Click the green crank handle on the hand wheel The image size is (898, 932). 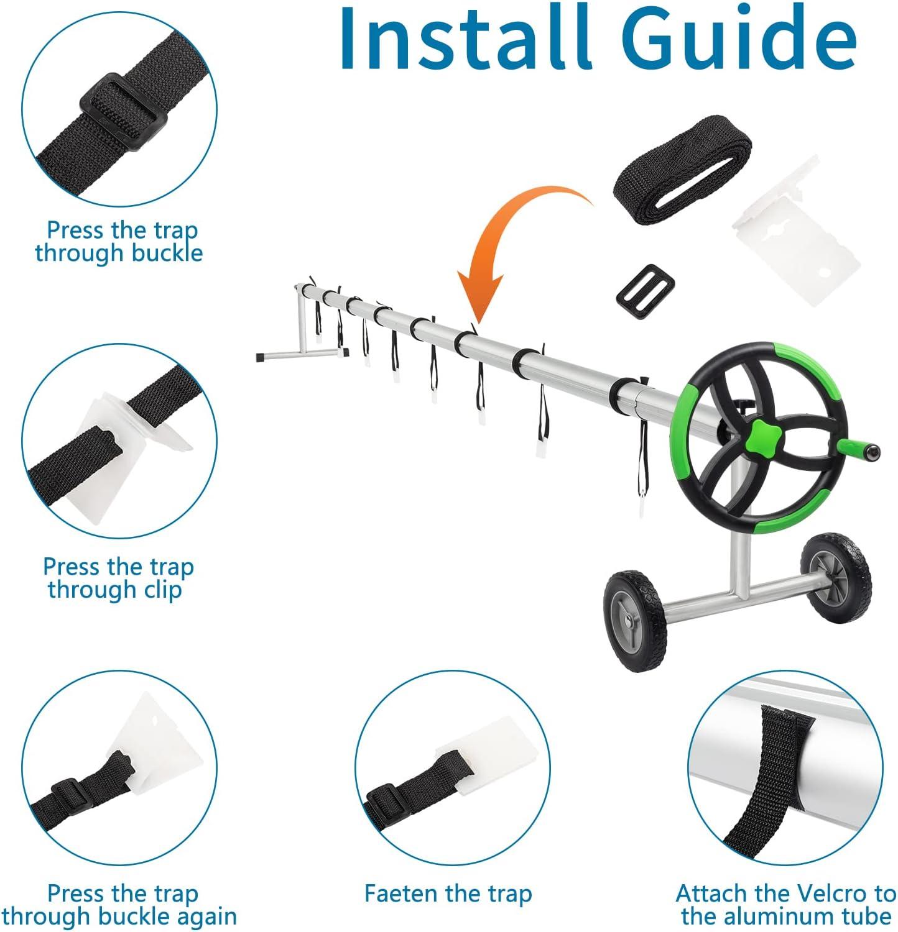[x=858, y=447]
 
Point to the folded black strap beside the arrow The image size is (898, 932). [x=682, y=170]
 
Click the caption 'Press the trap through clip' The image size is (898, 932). [x=118, y=578]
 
